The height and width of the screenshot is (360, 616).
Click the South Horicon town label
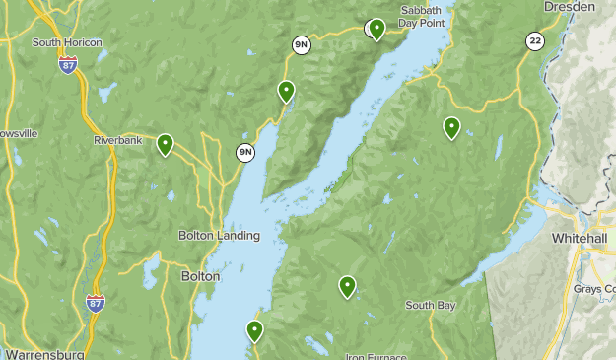[68, 42]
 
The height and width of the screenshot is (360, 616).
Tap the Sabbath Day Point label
[425, 17]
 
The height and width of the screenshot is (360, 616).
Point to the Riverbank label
[119, 141]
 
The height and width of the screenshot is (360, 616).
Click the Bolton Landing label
[219, 236]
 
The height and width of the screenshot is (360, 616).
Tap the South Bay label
[430, 306]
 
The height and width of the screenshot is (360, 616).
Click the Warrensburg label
[44, 353]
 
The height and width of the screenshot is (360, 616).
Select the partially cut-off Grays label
[594, 289]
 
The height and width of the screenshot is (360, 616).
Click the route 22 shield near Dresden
[534, 40]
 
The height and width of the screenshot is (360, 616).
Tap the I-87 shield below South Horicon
[67, 65]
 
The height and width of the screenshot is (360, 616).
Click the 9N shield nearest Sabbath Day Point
[301, 44]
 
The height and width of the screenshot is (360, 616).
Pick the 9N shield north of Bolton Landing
[244, 152]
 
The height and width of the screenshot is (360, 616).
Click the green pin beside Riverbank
[165, 144]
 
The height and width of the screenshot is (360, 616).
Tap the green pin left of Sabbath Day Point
[376, 28]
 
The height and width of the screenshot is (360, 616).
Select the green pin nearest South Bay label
[347, 286]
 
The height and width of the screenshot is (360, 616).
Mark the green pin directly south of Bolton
[254, 330]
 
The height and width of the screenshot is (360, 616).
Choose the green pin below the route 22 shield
[451, 126]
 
